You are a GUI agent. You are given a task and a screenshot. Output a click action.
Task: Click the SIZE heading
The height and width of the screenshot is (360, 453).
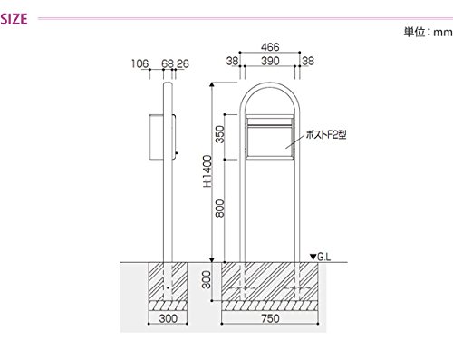(x=14, y=19)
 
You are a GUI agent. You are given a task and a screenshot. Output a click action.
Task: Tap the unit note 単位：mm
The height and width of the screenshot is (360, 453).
(x=429, y=32)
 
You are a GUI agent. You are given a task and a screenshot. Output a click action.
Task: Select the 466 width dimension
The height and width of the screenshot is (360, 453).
(x=270, y=47)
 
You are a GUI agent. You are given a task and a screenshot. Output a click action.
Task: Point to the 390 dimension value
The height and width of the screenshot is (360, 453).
(x=270, y=61)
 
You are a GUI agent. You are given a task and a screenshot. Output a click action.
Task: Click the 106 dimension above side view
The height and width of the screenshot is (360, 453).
(x=140, y=63)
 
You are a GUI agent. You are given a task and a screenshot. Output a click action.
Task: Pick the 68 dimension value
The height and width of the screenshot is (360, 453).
(x=168, y=63)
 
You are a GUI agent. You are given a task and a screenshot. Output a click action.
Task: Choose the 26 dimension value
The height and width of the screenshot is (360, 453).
(x=183, y=63)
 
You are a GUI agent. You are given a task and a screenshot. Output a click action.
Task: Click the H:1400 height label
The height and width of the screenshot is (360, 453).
(x=207, y=170)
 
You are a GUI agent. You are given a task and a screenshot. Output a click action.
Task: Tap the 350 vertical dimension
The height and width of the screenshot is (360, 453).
(x=221, y=134)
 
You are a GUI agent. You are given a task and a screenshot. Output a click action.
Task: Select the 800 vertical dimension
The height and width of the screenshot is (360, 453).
(x=221, y=209)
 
